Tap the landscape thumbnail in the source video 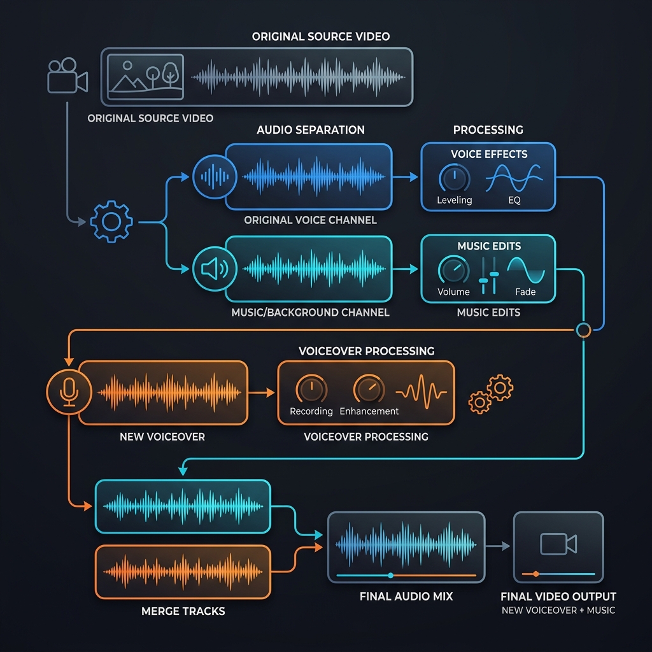click(x=145, y=77)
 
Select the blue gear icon click(x=111, y=222)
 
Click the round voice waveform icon click(x=215, y=177)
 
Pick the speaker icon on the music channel click(x=215, y=269)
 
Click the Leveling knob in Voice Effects click(x=455, y=178)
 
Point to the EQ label click(x=514, y=200)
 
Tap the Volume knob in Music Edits click(x=453, y=270)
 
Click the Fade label click(x=525, y=292)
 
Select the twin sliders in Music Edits click(x=488, y=276)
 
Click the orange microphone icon click(x=69, y=392)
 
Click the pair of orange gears click(x=491, y=393)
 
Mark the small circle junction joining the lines click(x=583, y=330)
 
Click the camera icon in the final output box click(x=558, y=544)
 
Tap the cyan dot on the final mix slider click(x=390, y=576)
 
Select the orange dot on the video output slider click(x=536, y=574)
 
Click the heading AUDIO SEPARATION click(x=311, y=130)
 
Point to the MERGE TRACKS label click(x=183, y=611)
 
